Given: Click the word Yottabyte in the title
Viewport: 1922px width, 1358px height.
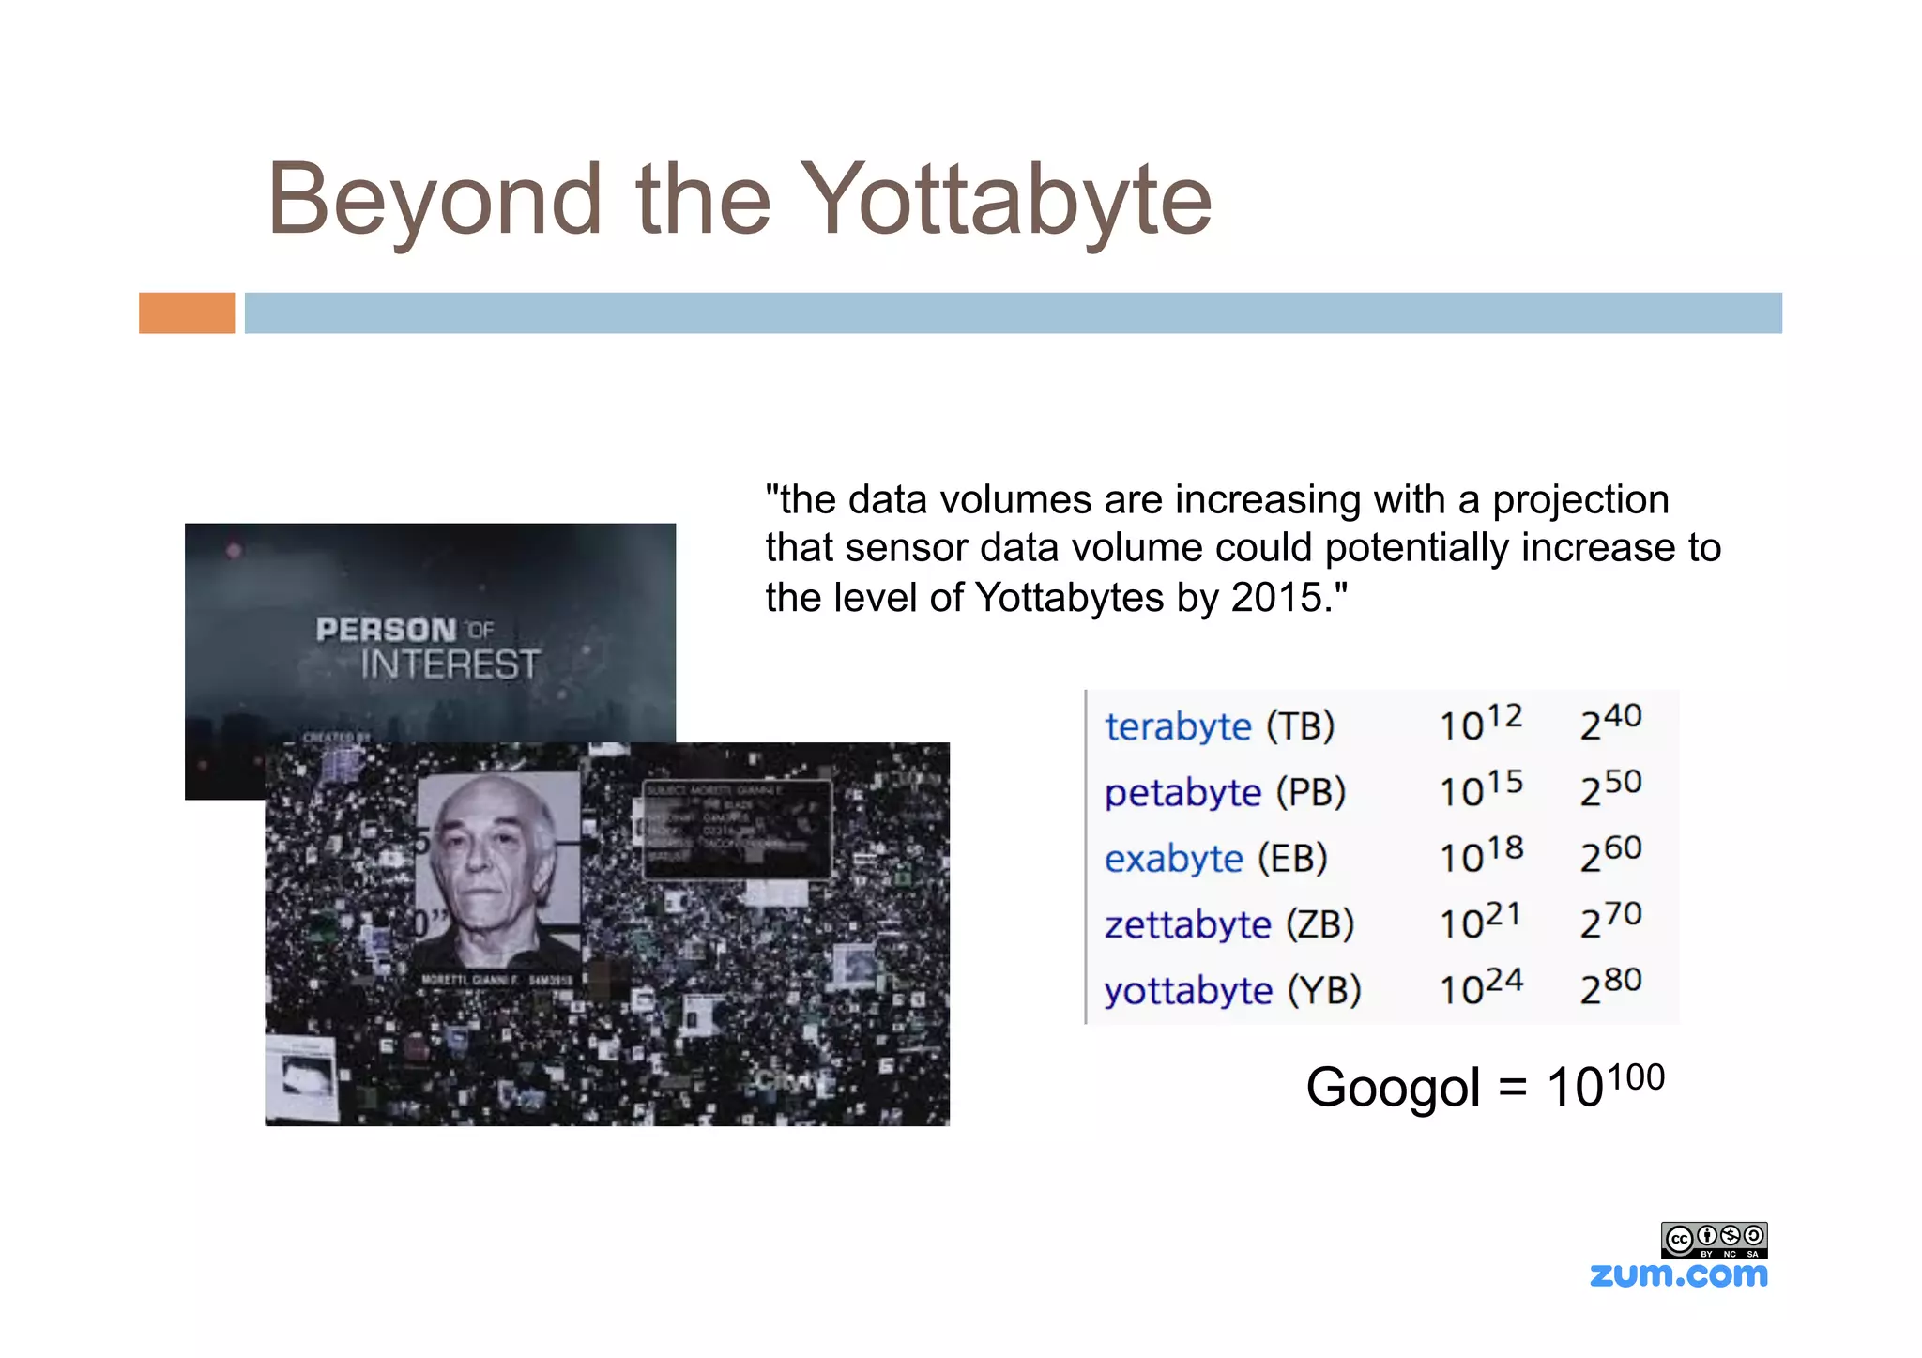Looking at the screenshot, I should click(x=1009, y=199).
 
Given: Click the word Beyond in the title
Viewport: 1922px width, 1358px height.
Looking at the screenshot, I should click(x=434, y=199).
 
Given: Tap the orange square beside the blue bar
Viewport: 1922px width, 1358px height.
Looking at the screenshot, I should click(x=187, y=313).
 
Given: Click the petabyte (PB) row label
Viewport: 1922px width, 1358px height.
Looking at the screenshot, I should click(x=1225, y=793).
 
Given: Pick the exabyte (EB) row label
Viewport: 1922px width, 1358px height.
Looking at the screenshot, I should click(x=1215, y=859).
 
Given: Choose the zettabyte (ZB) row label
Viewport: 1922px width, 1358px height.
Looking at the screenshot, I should click(x=1228, y=924).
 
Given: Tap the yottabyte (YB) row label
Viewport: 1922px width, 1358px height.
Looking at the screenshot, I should click(x=1232, y=991).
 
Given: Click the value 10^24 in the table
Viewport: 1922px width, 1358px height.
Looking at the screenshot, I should click(x=1481, y=987).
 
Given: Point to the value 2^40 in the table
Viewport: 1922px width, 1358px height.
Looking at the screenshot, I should click(x=1610, y=723).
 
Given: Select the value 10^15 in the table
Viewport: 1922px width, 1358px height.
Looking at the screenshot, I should click(x=1481, y=789).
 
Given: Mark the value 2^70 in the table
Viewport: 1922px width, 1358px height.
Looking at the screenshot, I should click(x=1610, y=921).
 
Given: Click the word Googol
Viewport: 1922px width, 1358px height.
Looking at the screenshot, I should click(x=1393, y=1089).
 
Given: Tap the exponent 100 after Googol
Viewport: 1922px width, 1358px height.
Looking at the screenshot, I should click(x=1636, y=1076).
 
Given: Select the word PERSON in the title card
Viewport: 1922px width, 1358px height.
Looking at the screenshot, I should click(x=386, y=630).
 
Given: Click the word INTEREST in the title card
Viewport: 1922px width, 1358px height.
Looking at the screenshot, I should click(x=450, y=664).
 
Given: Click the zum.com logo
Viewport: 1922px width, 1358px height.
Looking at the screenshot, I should click(x=1678, y=1274).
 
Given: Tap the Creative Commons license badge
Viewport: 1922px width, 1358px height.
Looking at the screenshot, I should click(x=1714, y=1240).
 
